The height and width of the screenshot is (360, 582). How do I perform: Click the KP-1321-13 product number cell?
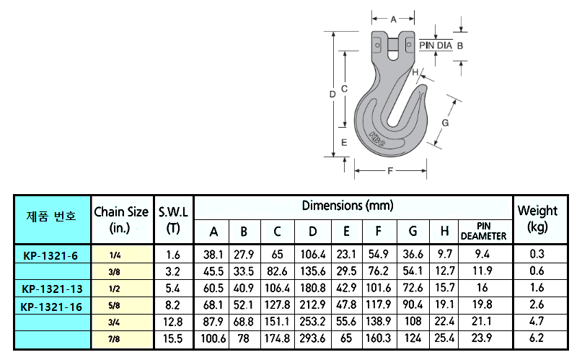point(52,289)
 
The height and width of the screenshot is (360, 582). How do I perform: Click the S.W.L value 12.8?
point(173,321)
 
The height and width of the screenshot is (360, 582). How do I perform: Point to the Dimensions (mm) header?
point(348,206)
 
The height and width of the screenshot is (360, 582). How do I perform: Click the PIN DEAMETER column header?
point(484,231)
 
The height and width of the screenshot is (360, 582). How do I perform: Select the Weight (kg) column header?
point(537,219)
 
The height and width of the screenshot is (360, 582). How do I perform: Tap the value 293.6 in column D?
point(312,338)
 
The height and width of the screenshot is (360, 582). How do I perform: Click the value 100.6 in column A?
point(213,338)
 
